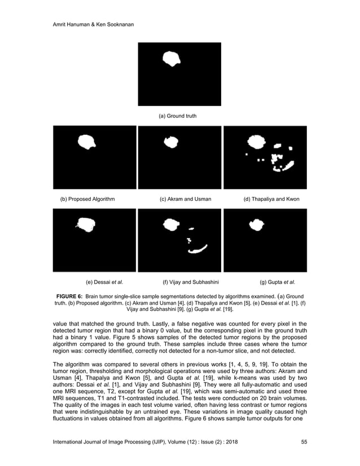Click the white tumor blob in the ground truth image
pyautogui.click(x=172, y=58)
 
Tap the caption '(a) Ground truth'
pyautogui.click(x=177, y=116)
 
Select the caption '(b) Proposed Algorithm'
pyautogui.click(x=87, y=199)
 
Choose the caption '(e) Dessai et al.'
pyautogui.click(x=104, y=282)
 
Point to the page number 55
pyautogui.click(x=305, y=442)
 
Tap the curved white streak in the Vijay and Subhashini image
pyautogui.click(x=198, y=249)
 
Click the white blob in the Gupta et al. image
pyautogui.click(x=256, y=226)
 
